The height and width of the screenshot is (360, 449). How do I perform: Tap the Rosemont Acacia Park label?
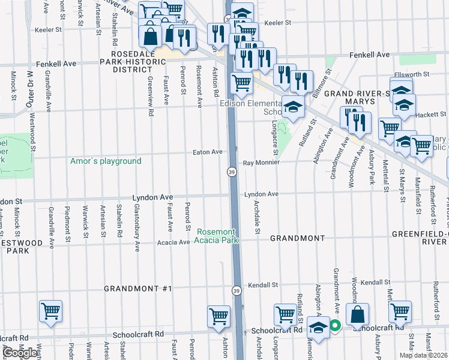pyautogui.click(x=215, y=236)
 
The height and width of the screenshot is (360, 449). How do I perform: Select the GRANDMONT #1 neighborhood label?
pyautogui.click(x=137, y=289)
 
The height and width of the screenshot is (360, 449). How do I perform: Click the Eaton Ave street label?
pyautogui.click(x=208, y=152)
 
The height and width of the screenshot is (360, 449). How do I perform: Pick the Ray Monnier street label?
pyautogui.click(x=261, y=163)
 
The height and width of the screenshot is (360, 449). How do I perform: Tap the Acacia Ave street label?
pyautogui.click(x=173, y=242)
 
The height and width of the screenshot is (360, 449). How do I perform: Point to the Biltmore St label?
pyautogui.click(x=325, y=81)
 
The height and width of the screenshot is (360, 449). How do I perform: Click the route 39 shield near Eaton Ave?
pyautogui.click(x=231, y=172)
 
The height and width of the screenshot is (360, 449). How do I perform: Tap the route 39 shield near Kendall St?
pyautogui.click(x=237, y=289)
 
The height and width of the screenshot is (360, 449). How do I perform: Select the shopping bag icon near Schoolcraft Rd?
pyautogui.click(x=357, y=314)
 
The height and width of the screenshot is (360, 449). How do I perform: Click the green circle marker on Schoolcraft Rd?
pyautogui.click(x=335, y=326)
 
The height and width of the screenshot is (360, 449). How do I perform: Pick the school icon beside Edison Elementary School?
pyautogui.click(x=292, y=107)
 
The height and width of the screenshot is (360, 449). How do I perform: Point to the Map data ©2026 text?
pyautogui.click(x=423, y=355)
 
